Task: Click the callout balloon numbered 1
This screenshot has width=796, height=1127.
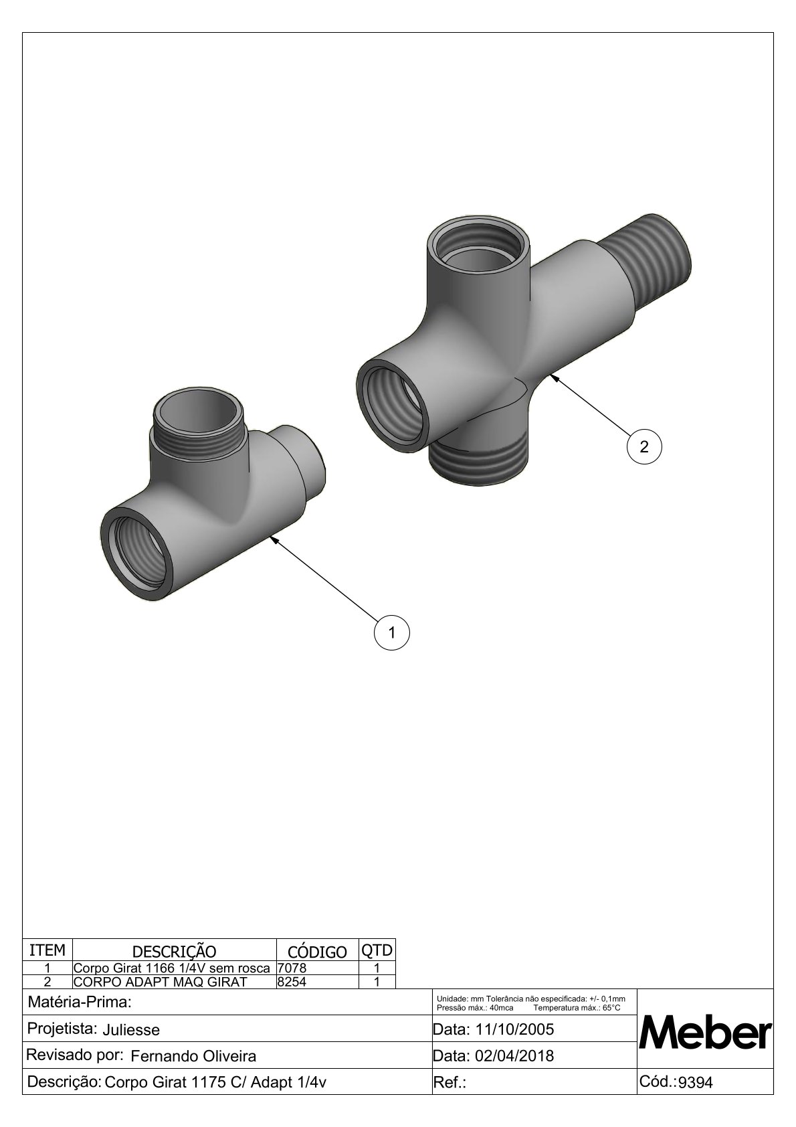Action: [x=392, y=632]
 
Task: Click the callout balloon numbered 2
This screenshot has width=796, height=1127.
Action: [x=644, y=446]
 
